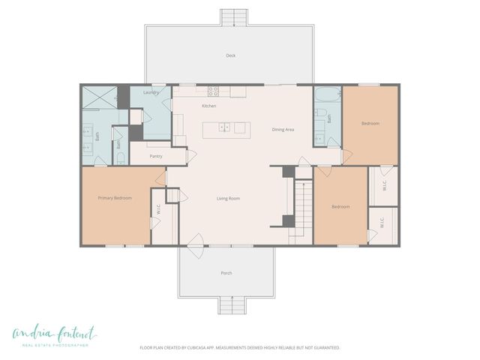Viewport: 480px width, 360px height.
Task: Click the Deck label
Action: (x=231, y=55)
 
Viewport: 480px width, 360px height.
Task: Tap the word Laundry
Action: (x=151, y=93)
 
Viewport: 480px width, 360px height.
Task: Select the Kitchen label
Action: (x=209, y=106)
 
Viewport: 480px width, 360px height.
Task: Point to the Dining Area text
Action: (x=283, y=130)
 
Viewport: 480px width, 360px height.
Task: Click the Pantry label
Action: (x=156, y=156)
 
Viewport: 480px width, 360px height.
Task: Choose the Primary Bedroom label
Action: (x=115, y=198)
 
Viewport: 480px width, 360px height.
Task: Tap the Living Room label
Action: (x=228, y=198)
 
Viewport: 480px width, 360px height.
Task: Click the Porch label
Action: (x=226, y=273)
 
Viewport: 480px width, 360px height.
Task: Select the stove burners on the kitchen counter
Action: (x=214, y=91)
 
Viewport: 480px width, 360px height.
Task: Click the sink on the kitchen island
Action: (x=224, y=128)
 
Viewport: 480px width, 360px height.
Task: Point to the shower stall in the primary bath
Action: (x=98, y=97)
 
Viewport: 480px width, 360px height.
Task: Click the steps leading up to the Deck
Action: (x=234, y=17)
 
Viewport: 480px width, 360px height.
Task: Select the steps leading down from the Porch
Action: (x=232, y=305)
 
